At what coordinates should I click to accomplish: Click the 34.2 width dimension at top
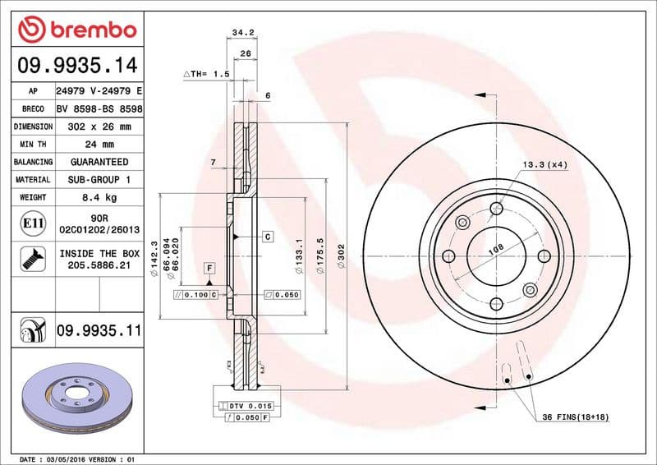(x=241, y=33)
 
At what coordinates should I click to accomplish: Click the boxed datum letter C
(x=268, y=237)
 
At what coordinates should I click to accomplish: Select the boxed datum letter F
(x=209, y=269)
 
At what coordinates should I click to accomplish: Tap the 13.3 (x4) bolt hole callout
(x=544, y=165)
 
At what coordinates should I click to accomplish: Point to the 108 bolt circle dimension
(x=495, y=249)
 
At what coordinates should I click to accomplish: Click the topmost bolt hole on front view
(x=495, y=208)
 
